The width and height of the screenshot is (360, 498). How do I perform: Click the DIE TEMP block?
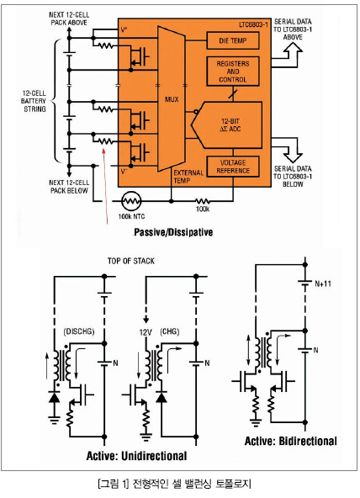233,40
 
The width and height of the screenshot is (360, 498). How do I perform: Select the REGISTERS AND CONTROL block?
233,72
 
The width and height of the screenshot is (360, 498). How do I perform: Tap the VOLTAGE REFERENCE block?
233,167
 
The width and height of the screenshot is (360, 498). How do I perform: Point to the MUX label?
172,99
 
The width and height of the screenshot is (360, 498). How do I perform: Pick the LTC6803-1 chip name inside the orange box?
253,24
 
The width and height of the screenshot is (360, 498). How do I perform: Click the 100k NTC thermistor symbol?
131,201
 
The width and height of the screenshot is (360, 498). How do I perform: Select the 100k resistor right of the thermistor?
202,201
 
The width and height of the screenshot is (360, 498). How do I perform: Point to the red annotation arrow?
105,187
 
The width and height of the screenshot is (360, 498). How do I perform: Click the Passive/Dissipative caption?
173,232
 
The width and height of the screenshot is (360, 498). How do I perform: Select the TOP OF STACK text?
130,261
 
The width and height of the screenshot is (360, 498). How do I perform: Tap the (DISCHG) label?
79,331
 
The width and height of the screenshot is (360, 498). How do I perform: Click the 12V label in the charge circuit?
146,332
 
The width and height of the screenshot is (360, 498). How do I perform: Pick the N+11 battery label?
323,283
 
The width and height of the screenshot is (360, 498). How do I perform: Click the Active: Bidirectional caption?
291,441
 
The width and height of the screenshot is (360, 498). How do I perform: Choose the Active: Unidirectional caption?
136,456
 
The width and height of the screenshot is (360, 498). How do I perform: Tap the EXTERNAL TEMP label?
188,177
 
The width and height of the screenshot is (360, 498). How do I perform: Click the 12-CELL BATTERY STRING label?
34,101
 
